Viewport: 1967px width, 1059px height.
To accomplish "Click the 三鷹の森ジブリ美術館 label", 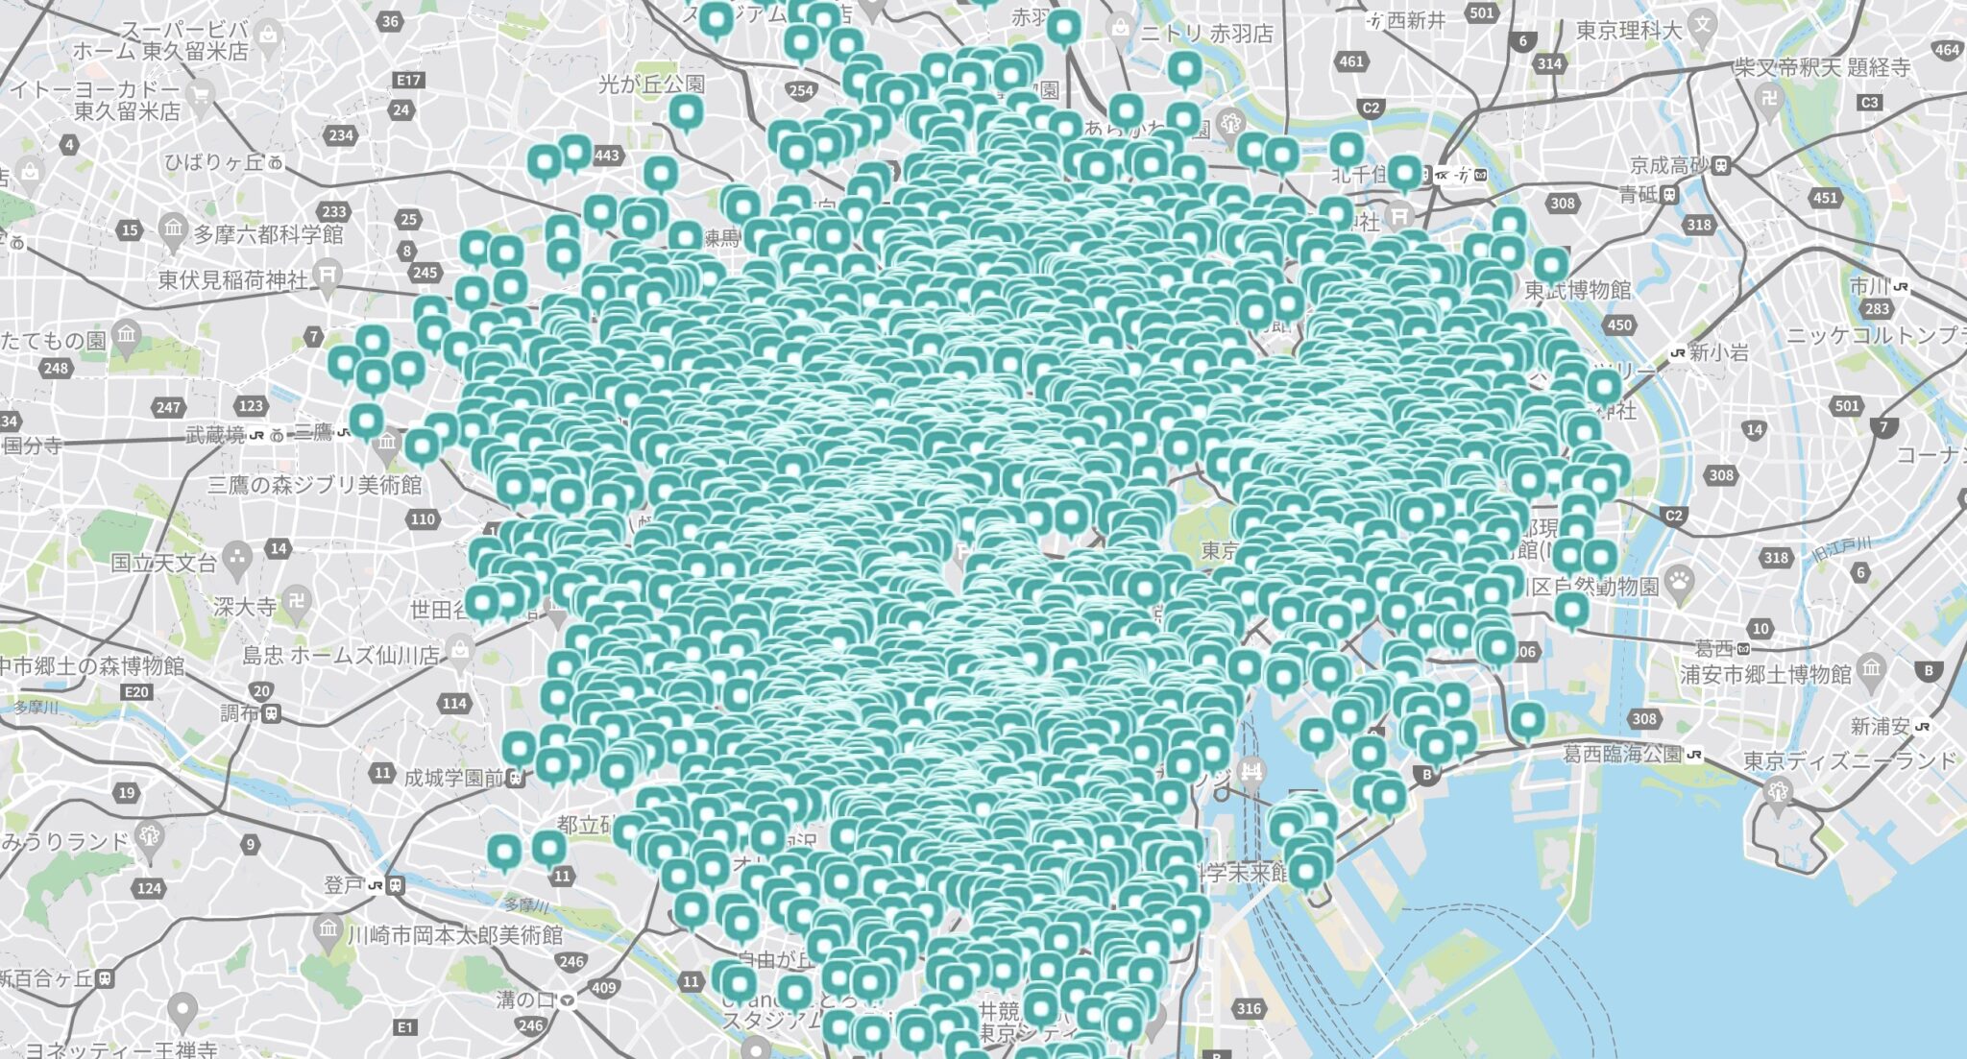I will point(315,485).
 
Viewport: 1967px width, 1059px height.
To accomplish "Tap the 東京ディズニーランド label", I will point(1850,761).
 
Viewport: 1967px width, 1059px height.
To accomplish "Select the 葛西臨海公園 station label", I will point(1623,754).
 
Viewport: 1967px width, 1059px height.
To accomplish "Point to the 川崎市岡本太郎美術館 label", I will point(455,934).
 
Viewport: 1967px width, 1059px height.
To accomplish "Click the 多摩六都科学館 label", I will point(269,234).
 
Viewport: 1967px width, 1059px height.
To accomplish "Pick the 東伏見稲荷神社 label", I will point(233,279).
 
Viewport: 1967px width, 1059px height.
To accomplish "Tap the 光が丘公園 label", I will point(651,84).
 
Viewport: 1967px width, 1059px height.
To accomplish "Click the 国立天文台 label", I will point(163,563).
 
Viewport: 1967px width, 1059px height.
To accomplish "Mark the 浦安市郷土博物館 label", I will point(1765,674).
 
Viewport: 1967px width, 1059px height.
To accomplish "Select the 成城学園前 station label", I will point(453,778).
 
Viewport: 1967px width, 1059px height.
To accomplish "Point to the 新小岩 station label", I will point(1719,352).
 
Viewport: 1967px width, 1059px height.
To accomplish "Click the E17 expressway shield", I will point(408,81).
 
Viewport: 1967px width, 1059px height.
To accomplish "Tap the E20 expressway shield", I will point(136,691).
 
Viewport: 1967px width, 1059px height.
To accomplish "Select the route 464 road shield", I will point(1947,50).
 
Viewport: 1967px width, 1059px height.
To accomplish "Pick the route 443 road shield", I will point(606,156).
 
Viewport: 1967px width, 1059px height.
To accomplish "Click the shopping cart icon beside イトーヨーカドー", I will point(201,95).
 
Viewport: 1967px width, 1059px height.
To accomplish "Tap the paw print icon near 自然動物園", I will point(1679,579).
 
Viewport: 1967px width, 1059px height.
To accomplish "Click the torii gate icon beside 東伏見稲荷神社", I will point(328,275).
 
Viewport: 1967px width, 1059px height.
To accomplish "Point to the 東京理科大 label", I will point(1629,31).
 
